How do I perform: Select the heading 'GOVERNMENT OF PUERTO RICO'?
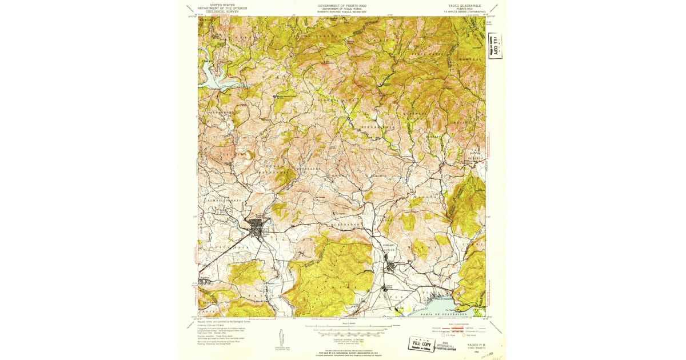point(342,4)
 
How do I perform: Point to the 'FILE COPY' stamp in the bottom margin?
point(421,343)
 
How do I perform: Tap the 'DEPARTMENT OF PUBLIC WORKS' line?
point(342,8)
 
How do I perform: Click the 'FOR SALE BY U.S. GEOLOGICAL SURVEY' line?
point(343,354)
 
